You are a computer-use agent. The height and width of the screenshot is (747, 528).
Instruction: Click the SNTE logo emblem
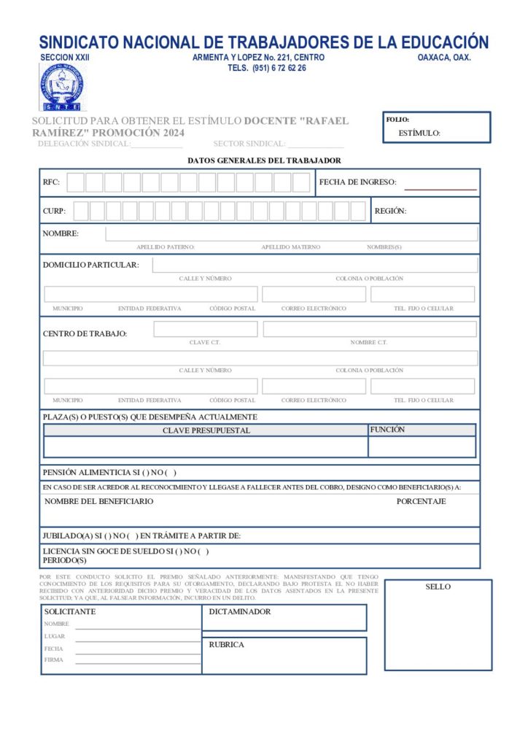click(x=61, y=87)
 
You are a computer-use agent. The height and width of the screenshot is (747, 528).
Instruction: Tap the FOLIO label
click(x=397, y=120)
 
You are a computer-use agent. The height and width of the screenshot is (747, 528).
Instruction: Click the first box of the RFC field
click(x=76, y=182)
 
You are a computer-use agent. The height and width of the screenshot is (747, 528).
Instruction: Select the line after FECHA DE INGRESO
click(x=440, y=189)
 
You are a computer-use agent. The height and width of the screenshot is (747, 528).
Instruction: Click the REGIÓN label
click(x=390, y=211)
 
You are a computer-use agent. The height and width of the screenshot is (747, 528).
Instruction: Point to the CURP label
click(x=54, y=211)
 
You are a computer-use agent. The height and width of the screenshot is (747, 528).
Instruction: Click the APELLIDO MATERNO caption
click(x=290, y=247)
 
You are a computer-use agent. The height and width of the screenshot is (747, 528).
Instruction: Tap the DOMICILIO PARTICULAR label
click(x=90, y=265)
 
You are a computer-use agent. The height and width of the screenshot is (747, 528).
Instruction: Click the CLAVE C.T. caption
click(x=205, y=342)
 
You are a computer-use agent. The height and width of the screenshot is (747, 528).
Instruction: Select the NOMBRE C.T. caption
click(x=368, y=342)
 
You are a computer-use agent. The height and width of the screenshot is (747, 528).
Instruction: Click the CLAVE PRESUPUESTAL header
click(x=206, y=430)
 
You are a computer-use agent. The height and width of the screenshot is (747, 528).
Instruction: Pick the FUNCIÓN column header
click(x=387, y=430)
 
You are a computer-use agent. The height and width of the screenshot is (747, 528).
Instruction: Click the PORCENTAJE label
click(x=421, y=501)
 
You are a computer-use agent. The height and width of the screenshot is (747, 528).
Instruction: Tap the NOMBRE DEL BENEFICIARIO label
click(x=99, y=501)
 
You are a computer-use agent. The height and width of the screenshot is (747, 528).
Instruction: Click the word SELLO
click(x=438, y=587)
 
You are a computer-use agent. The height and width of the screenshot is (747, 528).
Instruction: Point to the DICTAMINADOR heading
click(x=240, y=611)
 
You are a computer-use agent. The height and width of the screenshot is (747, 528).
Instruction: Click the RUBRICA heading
click(x=227, y=645)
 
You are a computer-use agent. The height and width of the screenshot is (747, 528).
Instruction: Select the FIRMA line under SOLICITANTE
click(x=138, y=662)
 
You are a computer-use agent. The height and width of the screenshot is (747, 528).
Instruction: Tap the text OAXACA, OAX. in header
click(x=444, y=58)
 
